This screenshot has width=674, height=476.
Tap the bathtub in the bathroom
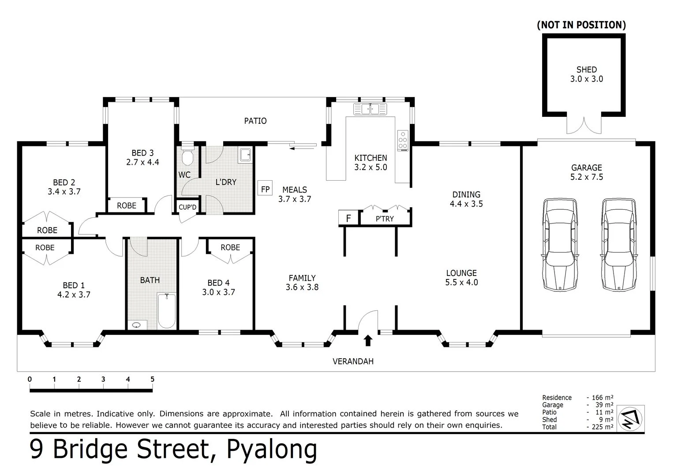[167, 311]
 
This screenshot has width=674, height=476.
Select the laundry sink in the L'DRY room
[245, 155]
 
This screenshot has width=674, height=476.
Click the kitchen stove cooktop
[403, 141]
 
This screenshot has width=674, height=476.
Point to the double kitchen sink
[370, 108]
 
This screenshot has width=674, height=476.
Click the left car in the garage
[560, 245]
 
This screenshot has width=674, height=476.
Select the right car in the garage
[619, 245]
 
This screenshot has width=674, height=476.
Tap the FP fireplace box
[265, 189]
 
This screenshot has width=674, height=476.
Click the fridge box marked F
[348, 218]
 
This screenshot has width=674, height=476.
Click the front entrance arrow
[368, 340]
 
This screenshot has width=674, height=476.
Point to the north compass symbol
[631, 418]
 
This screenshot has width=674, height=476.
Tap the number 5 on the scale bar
[152, 379]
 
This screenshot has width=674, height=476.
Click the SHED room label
[586, 70]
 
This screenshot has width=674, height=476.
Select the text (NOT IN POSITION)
[581, 25]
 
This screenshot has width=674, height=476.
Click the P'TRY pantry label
[385, 219]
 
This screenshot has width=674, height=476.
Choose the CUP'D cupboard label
[187, 207]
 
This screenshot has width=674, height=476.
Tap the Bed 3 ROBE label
[127, 205]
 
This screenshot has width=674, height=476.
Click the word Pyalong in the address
[272, 449]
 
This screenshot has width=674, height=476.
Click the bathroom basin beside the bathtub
[137, 325]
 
